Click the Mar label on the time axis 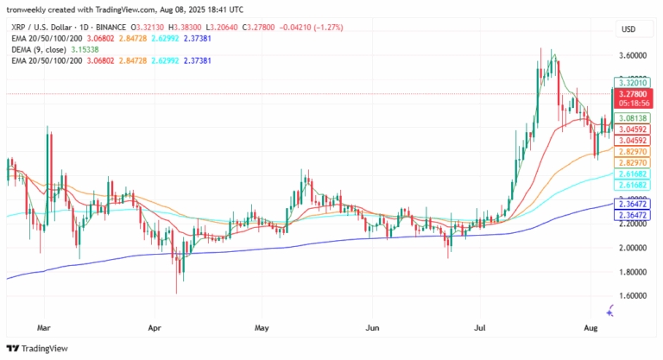(x=45, y=329)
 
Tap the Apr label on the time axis (x=155, y=329)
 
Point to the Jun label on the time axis (x=373, y=329)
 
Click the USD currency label (x=628, y=29)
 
